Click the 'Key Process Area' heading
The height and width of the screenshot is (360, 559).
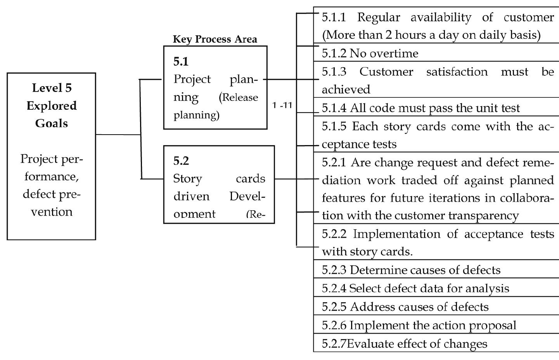(215, 39)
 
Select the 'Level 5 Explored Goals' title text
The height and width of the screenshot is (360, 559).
(52, 106)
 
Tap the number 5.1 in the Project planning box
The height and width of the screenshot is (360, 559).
(181, 61)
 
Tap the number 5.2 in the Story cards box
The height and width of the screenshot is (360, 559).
(181, 161)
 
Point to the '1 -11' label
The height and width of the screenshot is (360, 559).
(282, 105)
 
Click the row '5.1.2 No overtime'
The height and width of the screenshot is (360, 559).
(370, 54)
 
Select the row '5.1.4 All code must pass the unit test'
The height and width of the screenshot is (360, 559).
(421, 108)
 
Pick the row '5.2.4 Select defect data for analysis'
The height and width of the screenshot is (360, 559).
(415, 288)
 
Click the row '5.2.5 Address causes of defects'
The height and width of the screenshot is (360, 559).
(405, 307)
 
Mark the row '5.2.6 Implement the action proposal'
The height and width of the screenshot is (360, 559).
(419, 325)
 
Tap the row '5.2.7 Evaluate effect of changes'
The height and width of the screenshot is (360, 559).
(405, 344)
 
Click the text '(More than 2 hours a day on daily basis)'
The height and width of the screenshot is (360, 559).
(431, 35)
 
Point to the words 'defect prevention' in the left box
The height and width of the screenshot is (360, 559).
(51, 202)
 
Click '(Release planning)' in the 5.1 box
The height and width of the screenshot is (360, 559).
(216, 106)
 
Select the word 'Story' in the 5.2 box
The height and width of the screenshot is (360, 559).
(188, 178)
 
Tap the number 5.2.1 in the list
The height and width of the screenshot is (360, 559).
(334, 162)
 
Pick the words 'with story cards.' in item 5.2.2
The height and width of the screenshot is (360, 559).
(367, 251)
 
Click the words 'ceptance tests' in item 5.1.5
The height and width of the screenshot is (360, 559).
(359, 144)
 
